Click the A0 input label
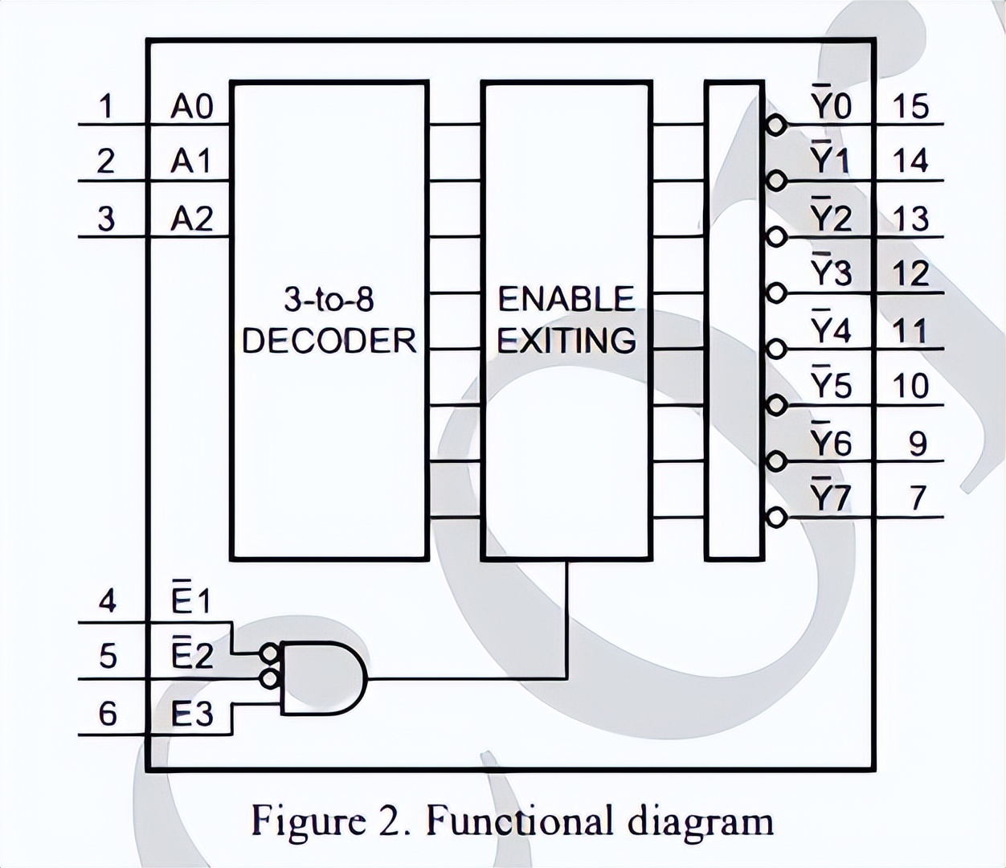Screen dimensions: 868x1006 [191, 106]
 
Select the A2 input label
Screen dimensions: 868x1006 [191, 218]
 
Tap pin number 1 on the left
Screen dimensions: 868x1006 [105, 106]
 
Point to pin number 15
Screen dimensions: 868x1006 [910, 106]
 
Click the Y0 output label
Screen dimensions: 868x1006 [830, 104]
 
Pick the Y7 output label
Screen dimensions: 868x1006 [830, 497]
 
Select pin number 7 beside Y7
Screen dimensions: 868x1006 [918, 498]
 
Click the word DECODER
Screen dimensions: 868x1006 [329, 341]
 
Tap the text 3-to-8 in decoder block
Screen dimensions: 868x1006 [329, 301]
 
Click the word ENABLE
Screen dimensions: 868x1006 [566, 300]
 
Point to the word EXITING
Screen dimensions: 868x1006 [566, 341]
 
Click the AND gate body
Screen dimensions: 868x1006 [321, 678]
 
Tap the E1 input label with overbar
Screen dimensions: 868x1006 [191, 600]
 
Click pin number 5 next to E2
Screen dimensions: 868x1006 [107, 657]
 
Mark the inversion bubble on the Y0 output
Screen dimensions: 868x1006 [775, 125]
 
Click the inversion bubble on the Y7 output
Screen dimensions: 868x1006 [775, 518]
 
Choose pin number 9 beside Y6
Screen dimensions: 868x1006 [918, 443]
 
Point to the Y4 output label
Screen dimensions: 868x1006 [830, 330]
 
